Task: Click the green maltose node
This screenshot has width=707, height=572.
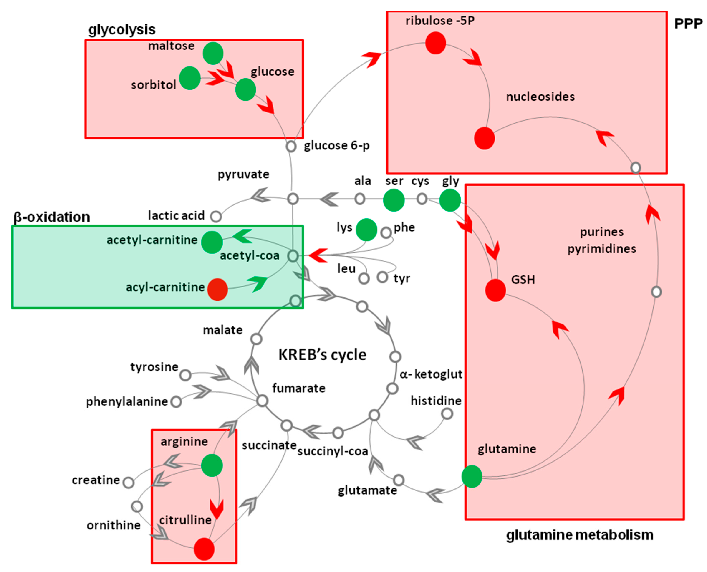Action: (x=213, y=53)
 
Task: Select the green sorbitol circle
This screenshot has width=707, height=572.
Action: (x=190, y=78)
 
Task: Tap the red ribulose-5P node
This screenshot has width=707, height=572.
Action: (x=435, y=43)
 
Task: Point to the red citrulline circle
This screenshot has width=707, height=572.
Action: (x=204, y=549)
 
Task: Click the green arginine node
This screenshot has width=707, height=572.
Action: (x=212, y=465)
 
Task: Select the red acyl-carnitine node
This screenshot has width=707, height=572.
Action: (x=217, y=289)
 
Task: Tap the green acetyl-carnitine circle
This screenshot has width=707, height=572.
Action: (x=212, y=242)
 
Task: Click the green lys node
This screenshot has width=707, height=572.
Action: (x=366, y=230)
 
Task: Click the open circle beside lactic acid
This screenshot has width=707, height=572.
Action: (x=216, y=216)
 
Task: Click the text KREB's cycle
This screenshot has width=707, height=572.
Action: (x=322, y=355)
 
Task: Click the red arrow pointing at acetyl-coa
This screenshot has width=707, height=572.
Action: (x=318, y=255)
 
